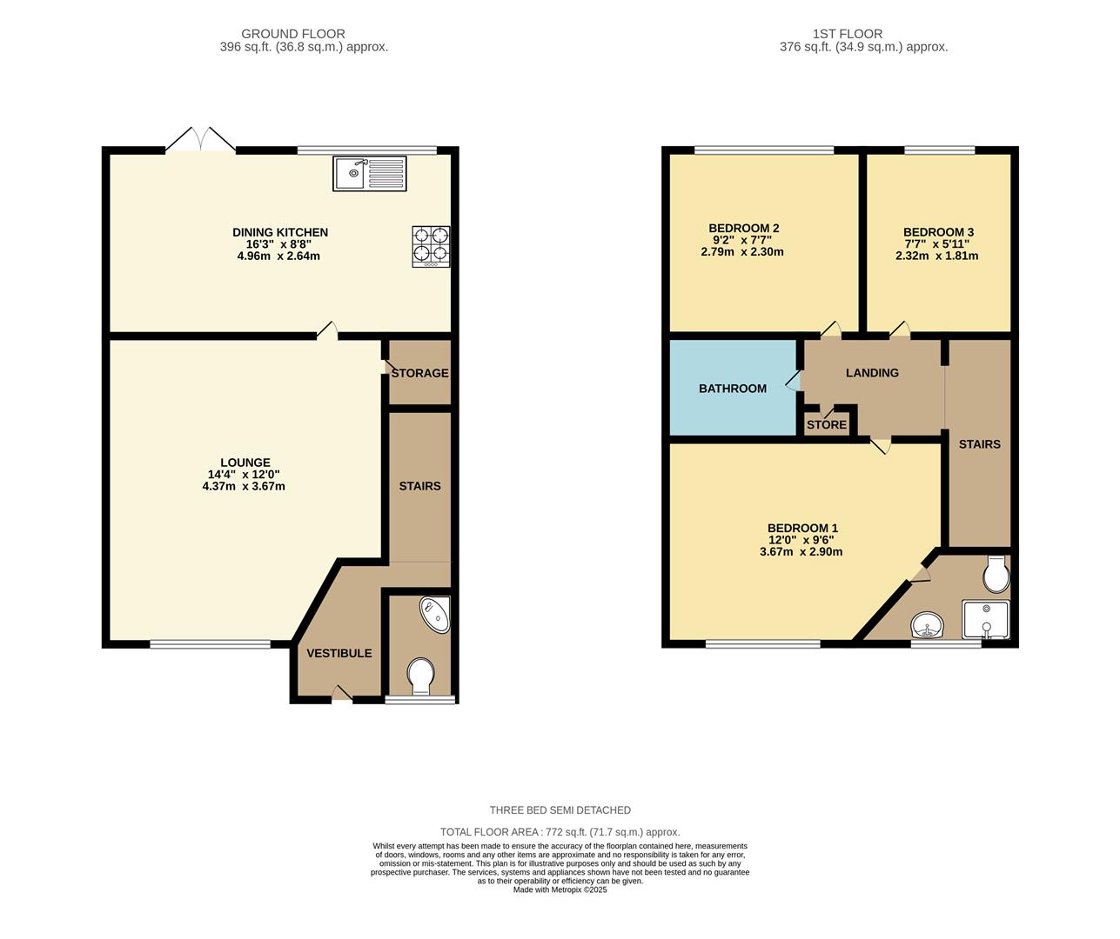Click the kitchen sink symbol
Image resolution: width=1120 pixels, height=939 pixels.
(x=370, y=173)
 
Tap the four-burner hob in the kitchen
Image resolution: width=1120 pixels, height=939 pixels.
(x=431, y=245)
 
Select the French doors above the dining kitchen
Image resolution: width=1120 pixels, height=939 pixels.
(x=200, y=141)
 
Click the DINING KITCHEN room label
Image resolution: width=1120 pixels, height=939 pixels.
(x=279, y=232)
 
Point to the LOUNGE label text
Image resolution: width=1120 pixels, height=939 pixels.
(x=245, y=463)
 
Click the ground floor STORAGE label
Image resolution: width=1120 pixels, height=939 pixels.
(x=419, y=373)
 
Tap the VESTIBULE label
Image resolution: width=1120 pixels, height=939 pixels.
(x=339, y=653)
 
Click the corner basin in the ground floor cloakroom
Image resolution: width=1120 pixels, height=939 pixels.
(x=436, y=614)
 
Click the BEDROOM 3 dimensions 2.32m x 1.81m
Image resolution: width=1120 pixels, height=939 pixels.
(x=936, y=256)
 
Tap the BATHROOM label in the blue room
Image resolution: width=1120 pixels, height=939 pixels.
(x=733, y=389)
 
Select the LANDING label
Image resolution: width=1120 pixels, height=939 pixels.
(x=872, y=373)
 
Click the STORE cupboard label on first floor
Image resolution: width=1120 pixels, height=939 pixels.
(x=826, y=425)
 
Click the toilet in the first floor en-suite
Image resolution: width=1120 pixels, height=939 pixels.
(x=995, y=574)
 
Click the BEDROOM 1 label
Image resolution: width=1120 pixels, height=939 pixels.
(x=802, y=528)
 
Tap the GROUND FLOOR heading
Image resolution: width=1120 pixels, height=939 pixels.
(x=293, y=34)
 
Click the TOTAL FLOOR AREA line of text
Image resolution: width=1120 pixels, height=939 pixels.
(x=560, y=832)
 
